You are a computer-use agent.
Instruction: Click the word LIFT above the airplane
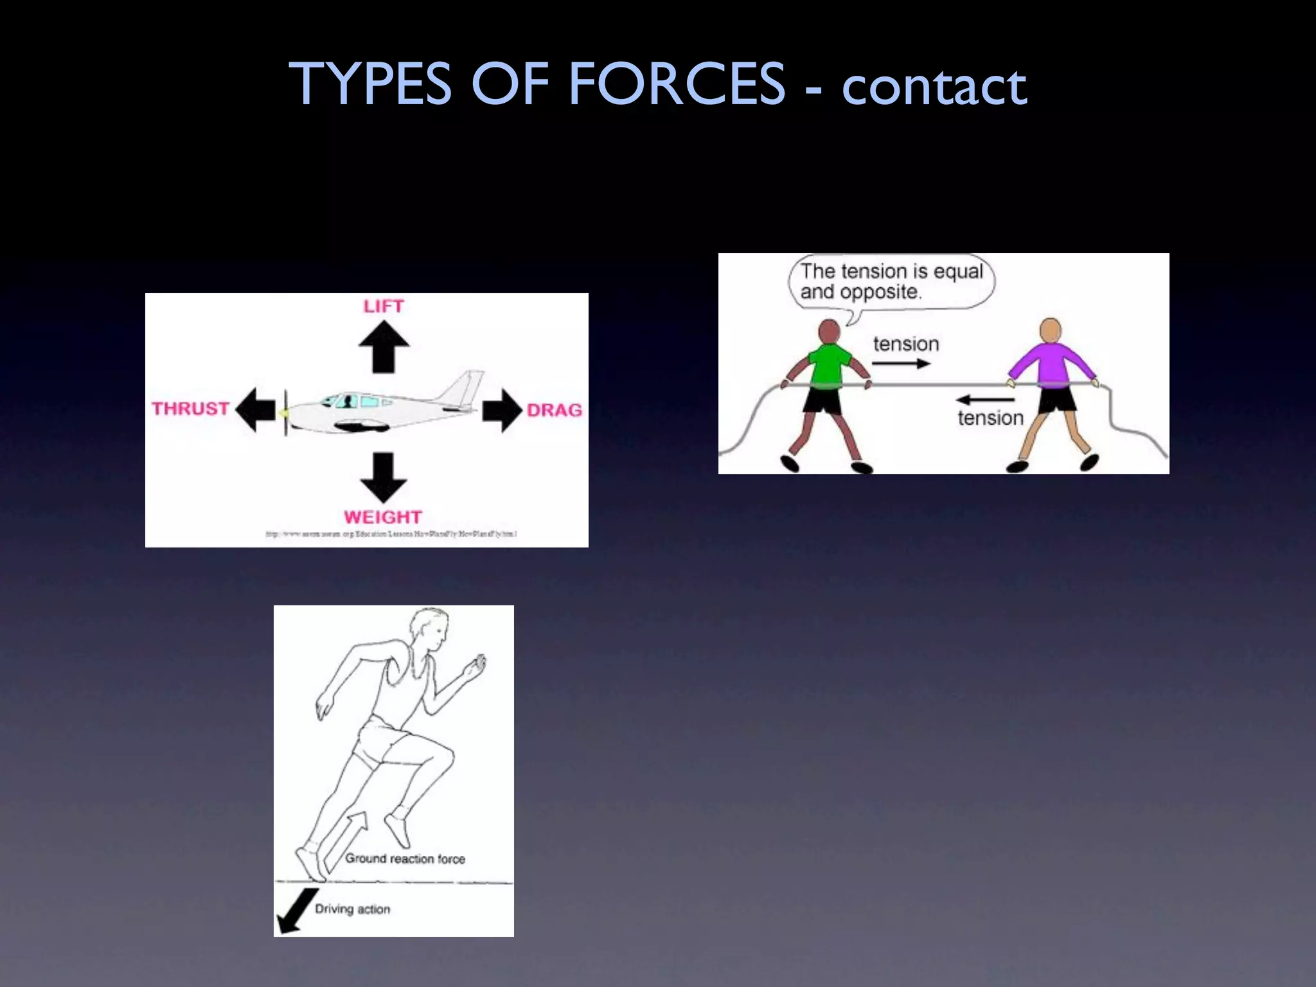click(x=384, y=307)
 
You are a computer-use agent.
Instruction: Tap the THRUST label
click(x=191, y=409)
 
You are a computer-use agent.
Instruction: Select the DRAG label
click(x=554, y=410)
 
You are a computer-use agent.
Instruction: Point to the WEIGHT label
click(x=383, y=517)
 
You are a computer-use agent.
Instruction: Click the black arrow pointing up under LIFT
click(x=384, y=346)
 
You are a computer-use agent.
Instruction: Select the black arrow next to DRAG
click(x=502, y=410)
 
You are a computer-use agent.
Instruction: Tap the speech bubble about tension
click(x=891, y=282)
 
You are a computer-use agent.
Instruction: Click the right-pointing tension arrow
click(x=901, y=364)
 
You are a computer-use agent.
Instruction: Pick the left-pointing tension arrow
click(x=984, y=400)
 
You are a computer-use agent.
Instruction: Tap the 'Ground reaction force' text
click(x=405, y=858)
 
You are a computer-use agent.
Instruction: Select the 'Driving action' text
click(x=352, y=909)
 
